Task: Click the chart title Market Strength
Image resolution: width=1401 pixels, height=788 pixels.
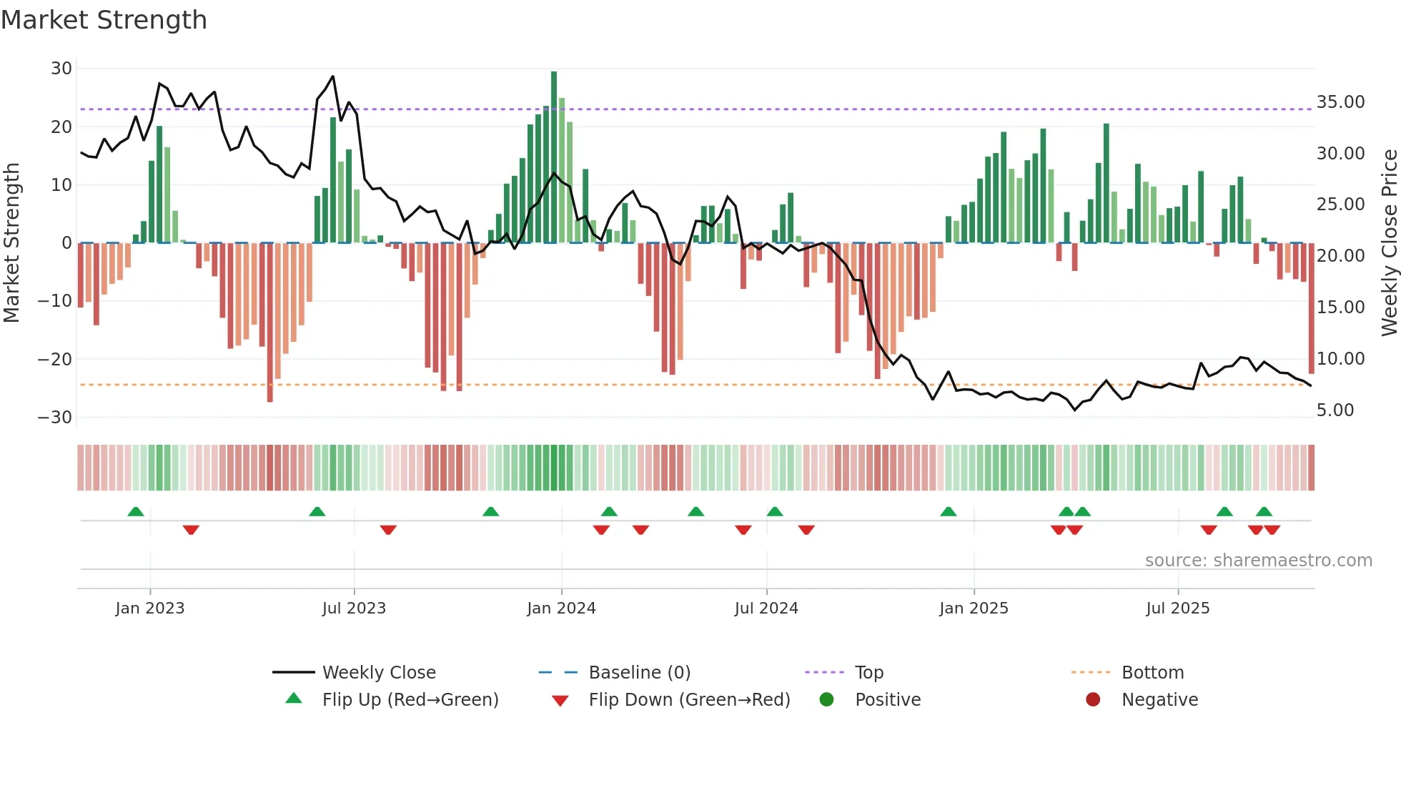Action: pos(104,20)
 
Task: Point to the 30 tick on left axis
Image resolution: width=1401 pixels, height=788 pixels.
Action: pos(61,69)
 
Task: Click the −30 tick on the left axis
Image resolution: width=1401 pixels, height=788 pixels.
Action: pos(56,418)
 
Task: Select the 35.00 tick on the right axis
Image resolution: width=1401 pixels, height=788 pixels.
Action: pos(1340,102)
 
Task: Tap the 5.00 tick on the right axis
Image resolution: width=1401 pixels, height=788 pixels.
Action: pos(1335,410)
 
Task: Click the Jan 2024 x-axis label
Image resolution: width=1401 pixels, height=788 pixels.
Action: pos(561,609)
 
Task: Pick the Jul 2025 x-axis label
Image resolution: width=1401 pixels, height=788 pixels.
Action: pos(1177,609)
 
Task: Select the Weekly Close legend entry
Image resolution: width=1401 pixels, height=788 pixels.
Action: pos(378,673)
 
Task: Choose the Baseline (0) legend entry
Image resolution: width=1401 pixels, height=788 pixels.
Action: pos(639,673)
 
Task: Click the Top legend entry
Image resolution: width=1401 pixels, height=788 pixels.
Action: pos(868,673)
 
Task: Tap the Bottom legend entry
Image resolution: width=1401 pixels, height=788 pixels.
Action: pos(1152,673)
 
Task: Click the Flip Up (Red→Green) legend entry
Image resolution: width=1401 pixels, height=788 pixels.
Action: pos(410,700)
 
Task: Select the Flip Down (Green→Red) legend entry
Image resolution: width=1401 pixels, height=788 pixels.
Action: pos(689,700)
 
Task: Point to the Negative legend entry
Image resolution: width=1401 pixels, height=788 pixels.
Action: pos(1159,700)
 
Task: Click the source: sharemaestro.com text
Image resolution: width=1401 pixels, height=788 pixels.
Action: pos(1258,561)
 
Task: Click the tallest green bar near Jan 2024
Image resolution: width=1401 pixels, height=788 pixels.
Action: pos(554,157)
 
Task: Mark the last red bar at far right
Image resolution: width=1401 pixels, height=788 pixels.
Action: pos(1311,307)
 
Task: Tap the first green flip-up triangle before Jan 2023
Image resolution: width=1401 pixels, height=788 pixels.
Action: pos(136,511)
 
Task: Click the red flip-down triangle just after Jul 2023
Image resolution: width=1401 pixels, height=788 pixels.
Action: pos(388,530)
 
